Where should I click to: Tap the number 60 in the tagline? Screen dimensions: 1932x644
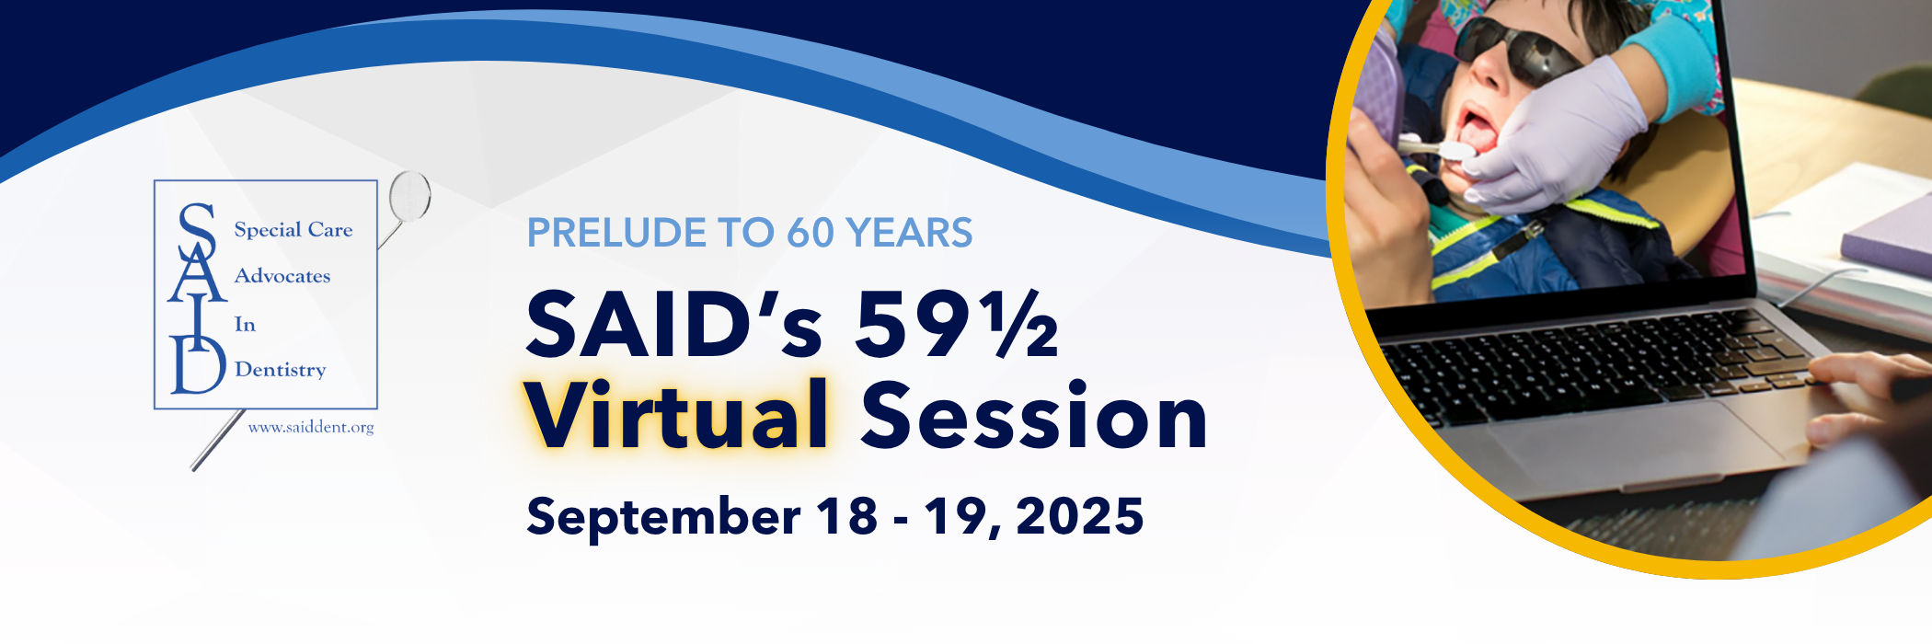[x=810, y=233]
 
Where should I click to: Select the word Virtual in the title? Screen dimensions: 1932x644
[x=677, y=415]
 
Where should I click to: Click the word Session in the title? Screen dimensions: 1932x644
[x=1034, y=416]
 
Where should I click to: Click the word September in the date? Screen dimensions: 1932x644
[x=663, y=518]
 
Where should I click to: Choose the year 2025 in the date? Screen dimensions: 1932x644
[x=1080, y=516]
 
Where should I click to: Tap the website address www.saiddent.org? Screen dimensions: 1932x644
[x=311, y=428]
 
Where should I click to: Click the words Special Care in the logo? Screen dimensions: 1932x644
[x=293, y=229]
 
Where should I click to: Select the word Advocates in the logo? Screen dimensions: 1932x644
[x=282, y=276]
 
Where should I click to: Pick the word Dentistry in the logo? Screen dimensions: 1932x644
[x=281, y=369]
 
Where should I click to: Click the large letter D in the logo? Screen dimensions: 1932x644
[x=198, y=364]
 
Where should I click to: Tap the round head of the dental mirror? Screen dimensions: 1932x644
[x=410, y=196]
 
